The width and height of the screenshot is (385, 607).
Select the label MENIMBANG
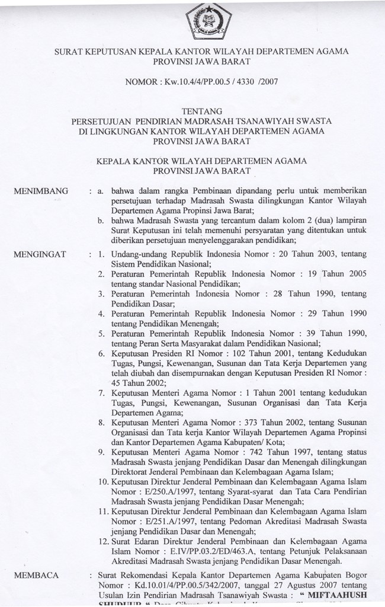point(44,191)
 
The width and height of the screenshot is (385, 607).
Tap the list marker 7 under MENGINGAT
point(102,393)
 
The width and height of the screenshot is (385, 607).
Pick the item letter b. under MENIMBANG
point(102,221)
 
